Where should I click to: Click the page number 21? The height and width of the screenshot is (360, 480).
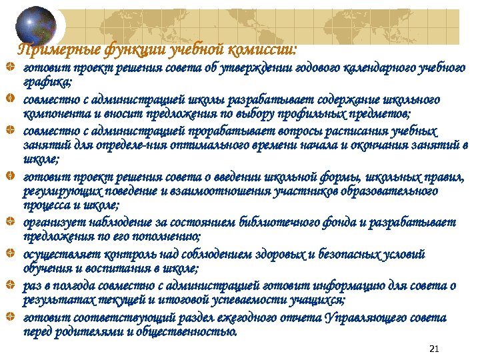pyautogui.click(x=435, y=349)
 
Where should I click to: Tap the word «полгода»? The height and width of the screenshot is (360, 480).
pyautogui.click(x=66, y=286)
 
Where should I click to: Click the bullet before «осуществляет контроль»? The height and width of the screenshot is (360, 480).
pyautogui.click(x=9, y=255)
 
